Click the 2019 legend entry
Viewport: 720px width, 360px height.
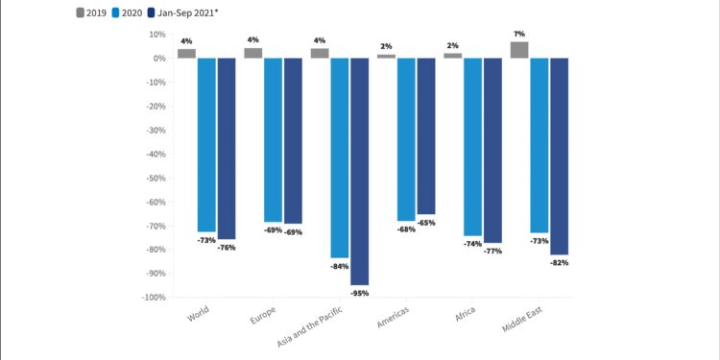pos(93,12)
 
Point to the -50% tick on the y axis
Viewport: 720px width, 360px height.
pos(154,178)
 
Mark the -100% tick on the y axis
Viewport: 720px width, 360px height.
pos(153,298)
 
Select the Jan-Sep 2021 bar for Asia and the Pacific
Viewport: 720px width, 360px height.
pos(359,171)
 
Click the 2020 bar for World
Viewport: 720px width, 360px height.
pos(206,145)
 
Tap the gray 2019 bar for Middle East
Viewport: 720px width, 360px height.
pos(519,50)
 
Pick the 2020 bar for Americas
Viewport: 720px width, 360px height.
pos(406,139)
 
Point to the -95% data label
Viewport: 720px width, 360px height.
pos(359,293)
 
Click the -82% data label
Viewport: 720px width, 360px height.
pos(559,262)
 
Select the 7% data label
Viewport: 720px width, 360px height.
pos(519,35)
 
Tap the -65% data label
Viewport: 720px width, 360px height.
pos(426,223)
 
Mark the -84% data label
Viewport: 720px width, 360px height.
pos(340,266)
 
